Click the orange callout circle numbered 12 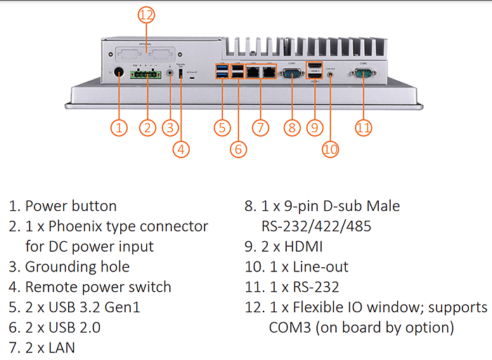tap(145, 15)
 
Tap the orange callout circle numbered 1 tap(119, 127)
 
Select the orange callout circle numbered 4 tap(181, 148)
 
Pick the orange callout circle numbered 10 tap(330, 148)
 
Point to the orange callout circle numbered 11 tap(363, 127)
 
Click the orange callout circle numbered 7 tap(260, 127)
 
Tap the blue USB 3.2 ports tap(222, 73)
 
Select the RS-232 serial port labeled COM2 tap(363, 73)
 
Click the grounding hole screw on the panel tap(169, 73)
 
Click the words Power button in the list tap(71, 206)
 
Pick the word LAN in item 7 tap(61, 347)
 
